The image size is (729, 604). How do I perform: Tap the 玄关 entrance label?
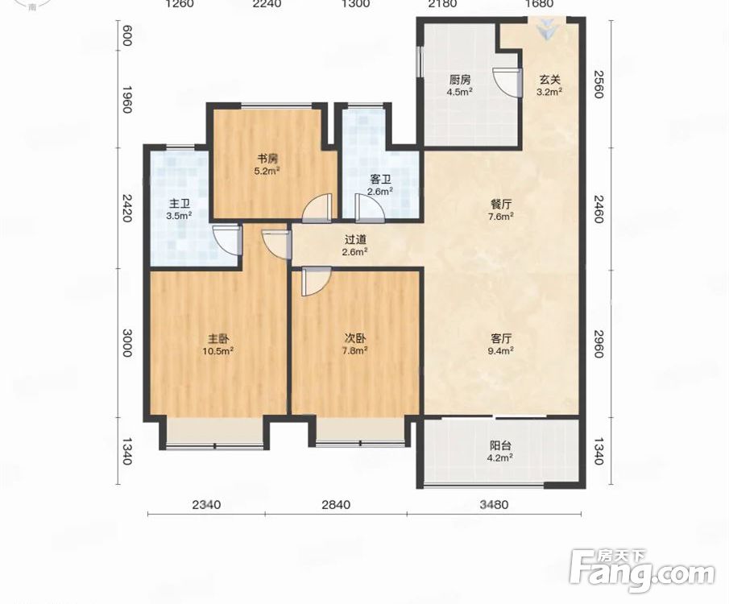pyautogui.click(x=549, y=79)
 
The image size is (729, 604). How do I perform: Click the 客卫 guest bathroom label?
pyautogui.click(x=380, y=179)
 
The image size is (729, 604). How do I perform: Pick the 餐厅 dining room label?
pyautogui.click(x=502, y=204)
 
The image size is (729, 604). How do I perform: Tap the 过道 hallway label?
pyautogui.click(x=356, y=240)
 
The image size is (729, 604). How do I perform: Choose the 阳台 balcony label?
pyautogui.click(x=501, y=445)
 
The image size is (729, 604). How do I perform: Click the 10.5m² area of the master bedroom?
pyautogui.click(x=217, y=350)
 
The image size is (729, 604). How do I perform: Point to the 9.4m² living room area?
pyautogui.click(x=501, y=350)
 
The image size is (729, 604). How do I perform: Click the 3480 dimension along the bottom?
pyautogui.click(x=495, y=504)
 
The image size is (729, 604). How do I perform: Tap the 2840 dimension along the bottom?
pyautogui.click(x=336, y=504)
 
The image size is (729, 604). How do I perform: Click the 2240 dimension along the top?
pyautogui.click(x=267, y=4)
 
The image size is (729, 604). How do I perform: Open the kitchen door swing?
pyautogui.click(x=505, y=82)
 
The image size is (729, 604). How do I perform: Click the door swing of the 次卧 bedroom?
pyautogui.click(x=316, y=281)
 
